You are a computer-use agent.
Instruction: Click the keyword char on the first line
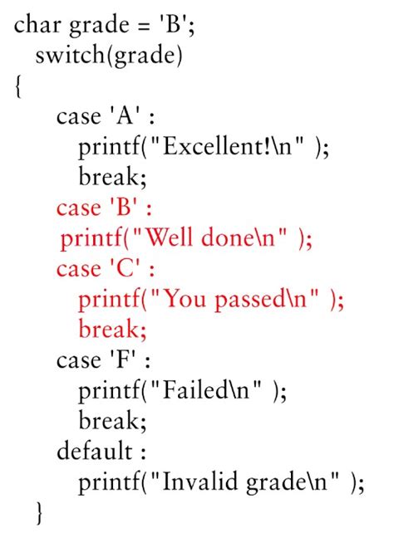click(37, 25)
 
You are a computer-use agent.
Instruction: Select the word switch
click(71, 56)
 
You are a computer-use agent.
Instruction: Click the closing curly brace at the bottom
click(40, 512)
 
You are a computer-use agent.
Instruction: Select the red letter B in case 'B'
click(124, 208)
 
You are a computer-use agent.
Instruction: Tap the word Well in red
click(169, 237)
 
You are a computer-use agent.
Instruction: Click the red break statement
click(112, 329)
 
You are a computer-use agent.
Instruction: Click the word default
click(95, 451)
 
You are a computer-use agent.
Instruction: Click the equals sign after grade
click(141, 27)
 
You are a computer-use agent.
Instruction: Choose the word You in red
click(185, 299)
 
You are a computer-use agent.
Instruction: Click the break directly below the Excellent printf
click(112, 177)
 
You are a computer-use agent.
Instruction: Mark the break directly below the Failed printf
click(112, 420)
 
